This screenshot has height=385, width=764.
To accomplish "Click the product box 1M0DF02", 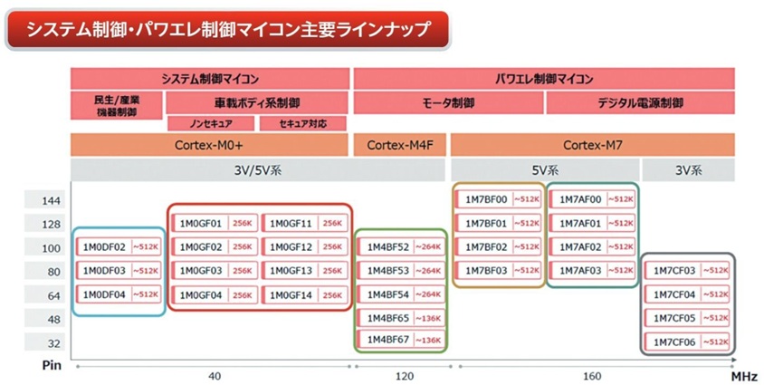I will click(119, 246).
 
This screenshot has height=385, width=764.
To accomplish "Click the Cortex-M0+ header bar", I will click(210, 144).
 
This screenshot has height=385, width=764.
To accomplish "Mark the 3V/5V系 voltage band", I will click(210, 170).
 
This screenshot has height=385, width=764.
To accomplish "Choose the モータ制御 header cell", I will click(449, 103).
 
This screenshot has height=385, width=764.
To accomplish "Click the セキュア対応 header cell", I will click(304, 123).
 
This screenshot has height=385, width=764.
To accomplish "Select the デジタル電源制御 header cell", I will click(641, 103).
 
